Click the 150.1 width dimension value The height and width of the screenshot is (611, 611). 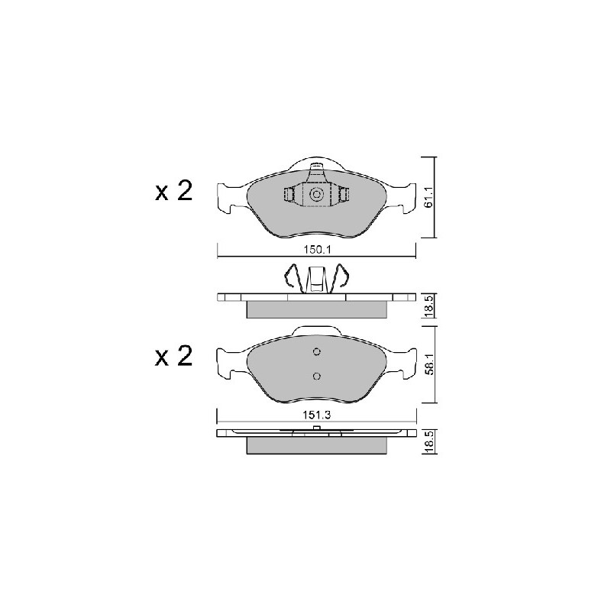(x=317, y=250)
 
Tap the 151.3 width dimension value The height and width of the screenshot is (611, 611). (x=317, y=415)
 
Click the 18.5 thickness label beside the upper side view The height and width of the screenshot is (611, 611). (x=428, y=305)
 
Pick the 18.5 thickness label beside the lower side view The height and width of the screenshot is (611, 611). (x=428, y=442)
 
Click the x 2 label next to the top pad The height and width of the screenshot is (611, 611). (x=174, y=192)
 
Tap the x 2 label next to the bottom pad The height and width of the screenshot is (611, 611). (x=174, y=357)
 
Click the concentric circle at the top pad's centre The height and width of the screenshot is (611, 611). (x=316, y=194)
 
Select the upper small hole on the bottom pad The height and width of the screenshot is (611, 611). (x=317, y=352)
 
